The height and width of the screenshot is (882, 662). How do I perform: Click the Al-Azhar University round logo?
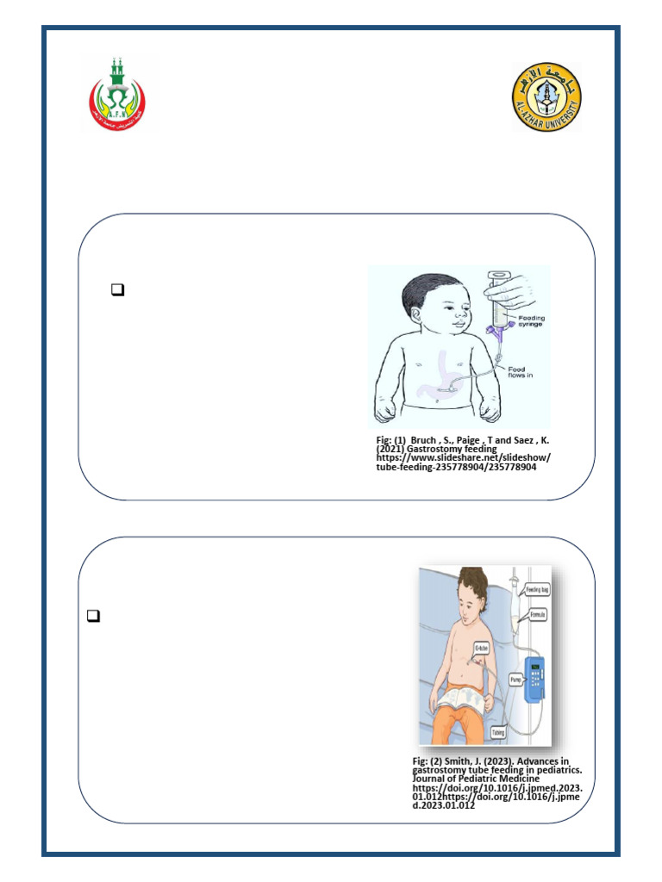point(546,96)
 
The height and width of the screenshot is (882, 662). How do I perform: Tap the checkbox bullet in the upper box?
point(118,291)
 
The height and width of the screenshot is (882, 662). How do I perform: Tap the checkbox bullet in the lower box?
point(94,616)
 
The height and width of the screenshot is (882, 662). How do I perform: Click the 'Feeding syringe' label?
point(532,322)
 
